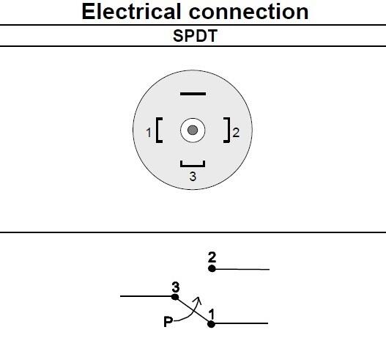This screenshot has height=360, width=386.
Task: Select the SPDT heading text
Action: (x=195, y=36)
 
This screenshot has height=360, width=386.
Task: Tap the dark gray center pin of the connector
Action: (x=193, y=131)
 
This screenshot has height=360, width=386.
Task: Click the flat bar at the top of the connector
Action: (x=193, y=95)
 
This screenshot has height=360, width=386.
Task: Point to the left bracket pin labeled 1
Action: (x=160, y=132)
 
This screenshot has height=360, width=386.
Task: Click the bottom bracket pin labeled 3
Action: (x=193, y=164)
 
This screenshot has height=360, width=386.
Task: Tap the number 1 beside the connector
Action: (x=149, y=133)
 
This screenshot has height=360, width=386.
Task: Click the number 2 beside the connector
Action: (x=237, y=133)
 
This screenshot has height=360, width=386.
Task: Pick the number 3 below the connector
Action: (x=193, y=177)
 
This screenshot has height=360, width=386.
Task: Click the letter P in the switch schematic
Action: (x=168, y=321)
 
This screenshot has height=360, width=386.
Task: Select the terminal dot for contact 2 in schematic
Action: (x=212, y=269)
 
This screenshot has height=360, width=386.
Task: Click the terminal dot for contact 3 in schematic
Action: (x=174, y=297)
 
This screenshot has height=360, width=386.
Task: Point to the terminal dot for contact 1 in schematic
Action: (x=211, y=323)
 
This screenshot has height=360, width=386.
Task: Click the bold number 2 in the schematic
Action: (x=212, y=257)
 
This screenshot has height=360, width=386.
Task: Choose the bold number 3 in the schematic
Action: (x=175, y=287)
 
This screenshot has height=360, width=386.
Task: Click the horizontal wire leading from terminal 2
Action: (x=242, y=269)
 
